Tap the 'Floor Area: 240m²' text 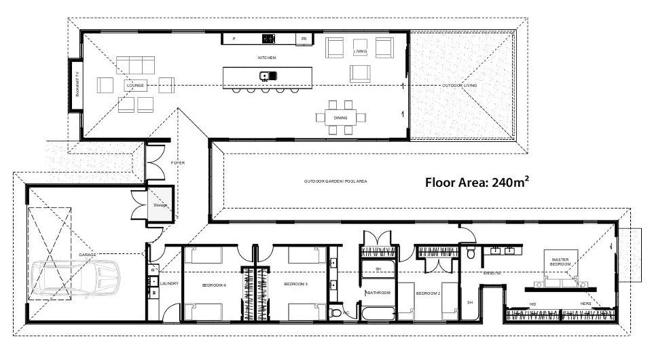[477, 182]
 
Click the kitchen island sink [266, 75]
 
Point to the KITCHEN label [266, 58]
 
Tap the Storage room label [160, 204]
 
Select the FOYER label [179, 163]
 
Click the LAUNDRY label [169, 283]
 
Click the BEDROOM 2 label [428, 293]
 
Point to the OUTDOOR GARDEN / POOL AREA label [336, 181]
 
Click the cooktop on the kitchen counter [268, 39]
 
